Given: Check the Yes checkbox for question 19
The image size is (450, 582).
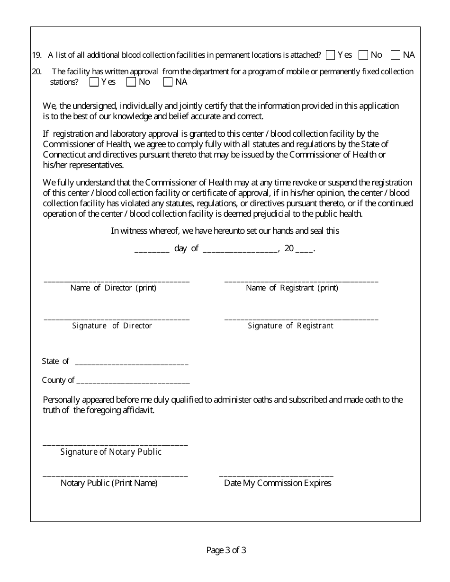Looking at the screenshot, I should [331, 55].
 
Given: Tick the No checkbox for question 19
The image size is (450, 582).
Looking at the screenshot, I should [363, 55].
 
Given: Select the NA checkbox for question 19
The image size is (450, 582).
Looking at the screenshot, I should [396, 55].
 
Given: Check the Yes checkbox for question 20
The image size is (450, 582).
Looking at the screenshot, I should [94, 82].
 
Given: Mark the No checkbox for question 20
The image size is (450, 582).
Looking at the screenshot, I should [131, 82].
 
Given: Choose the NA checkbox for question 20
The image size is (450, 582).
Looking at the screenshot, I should [168, 82].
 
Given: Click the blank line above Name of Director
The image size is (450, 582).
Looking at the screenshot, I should [117, 280].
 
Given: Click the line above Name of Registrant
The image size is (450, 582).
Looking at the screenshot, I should [301, 280].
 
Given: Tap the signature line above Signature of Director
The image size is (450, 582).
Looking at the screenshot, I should [117, 318].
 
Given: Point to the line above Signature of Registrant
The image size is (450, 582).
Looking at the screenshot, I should [301, 318].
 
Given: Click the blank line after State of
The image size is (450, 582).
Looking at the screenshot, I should [132, 363].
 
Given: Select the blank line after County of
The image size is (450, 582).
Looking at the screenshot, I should [133, 382].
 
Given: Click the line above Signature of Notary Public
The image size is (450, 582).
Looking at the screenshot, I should [115, 444].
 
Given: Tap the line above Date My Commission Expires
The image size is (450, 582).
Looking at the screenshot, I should [276, 475].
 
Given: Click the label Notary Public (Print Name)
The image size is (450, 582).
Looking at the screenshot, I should [109, 483].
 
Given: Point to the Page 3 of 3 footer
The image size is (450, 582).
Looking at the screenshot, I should [226, 550].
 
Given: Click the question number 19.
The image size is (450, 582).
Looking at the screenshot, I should [36, 55].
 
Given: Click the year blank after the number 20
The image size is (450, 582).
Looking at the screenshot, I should [305, 250].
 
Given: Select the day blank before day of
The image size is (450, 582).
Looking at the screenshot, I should [152, 250].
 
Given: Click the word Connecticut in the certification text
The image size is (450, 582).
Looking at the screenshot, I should [64, 155].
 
